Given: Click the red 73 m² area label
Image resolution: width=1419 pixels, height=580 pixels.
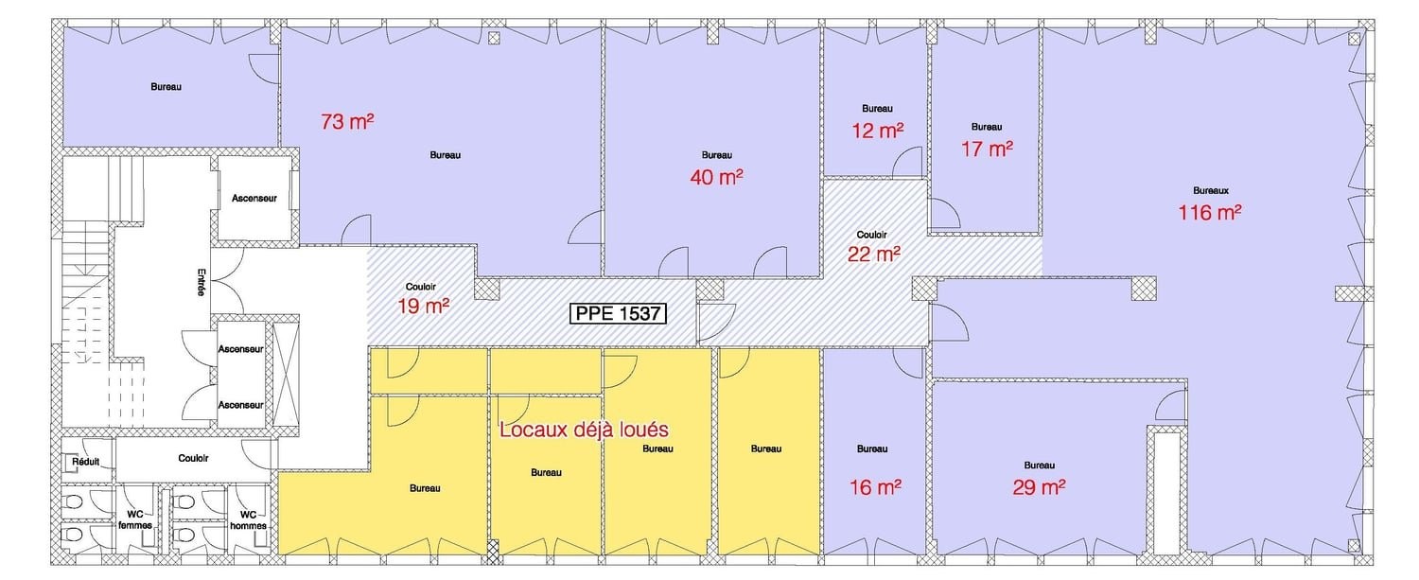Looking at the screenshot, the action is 347,121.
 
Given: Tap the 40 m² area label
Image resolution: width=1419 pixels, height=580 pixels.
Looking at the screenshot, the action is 716,177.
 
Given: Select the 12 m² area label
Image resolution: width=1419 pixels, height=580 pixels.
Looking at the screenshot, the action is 877,131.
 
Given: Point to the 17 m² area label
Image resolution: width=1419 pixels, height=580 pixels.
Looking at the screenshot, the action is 987,149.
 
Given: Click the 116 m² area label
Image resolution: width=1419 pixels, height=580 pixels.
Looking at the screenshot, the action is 1209,212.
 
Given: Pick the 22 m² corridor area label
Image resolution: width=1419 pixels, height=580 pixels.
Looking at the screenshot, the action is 873,255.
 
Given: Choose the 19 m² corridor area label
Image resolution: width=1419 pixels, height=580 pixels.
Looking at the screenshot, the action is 423,307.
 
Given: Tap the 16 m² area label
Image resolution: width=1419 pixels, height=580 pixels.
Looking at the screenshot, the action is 875,487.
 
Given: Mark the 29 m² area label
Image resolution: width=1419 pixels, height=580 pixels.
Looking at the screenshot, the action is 1039,487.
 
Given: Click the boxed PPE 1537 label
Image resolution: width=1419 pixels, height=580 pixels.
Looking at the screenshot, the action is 619,313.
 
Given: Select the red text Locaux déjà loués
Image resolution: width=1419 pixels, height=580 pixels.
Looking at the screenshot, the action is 584,430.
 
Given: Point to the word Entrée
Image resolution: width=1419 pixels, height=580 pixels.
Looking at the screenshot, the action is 201,282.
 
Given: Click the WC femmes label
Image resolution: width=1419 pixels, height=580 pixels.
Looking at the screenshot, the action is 135,519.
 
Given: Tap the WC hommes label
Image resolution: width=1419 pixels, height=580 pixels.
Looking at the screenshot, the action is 248,519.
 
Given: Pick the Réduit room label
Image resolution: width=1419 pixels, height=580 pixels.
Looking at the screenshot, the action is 85,462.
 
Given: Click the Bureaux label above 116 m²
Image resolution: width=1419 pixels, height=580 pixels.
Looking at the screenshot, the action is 1211,190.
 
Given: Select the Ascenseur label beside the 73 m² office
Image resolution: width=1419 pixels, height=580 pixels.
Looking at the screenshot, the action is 254,199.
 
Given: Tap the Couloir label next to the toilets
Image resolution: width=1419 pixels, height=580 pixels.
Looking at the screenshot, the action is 193,458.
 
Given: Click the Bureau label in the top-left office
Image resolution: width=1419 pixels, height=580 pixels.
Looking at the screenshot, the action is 166,86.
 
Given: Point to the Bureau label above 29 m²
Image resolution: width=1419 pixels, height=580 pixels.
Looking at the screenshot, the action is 1039,466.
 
